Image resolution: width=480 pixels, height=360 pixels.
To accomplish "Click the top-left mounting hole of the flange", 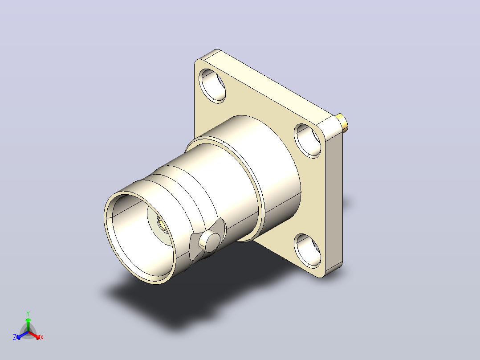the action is point(212,86).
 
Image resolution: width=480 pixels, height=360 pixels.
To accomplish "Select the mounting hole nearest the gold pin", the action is point(308,141).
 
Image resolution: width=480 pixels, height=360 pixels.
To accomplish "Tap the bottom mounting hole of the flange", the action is point(308,251).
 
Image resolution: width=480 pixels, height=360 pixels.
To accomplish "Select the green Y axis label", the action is point(28,313).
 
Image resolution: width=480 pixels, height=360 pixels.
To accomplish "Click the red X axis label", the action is point(42,337).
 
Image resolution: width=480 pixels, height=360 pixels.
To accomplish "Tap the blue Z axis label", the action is point(15,337).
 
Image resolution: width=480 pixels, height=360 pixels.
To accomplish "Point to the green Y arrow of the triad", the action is point(28,324).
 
